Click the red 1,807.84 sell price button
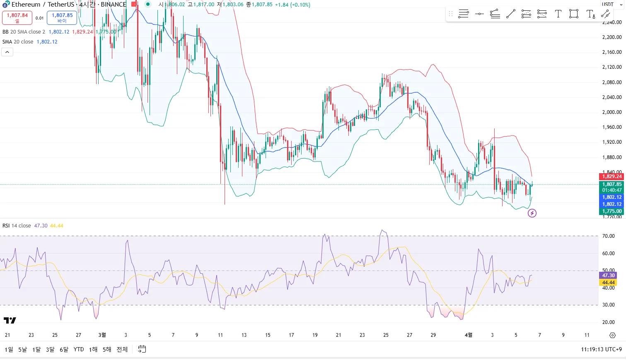(x=17, y=17)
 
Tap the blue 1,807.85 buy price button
(x=62, y=17)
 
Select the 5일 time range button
(x=22, y=349)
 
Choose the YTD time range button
(x=79, y=349)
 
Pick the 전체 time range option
(x=122, y=349)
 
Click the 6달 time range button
(x=64, y=349)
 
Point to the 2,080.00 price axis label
(x=611, y=82)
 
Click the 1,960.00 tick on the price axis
(x=611, y=127)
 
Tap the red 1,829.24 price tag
(x=611, y=176)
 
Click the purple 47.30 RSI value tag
(x=608, y=275)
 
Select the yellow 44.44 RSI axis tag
(x=608, y=283)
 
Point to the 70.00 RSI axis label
(x=608, y=236)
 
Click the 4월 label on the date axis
(x=469, y=335)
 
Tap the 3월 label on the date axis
(x=102, y=335)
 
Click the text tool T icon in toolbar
(x=558, y=14)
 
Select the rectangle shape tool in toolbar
(x=574, y=14)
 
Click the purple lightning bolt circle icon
(x=532, y=213)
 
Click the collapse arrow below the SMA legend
(x=7, y=52)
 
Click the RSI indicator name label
(x=17, y=226)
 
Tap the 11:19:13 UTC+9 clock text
(x=601, y=349)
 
